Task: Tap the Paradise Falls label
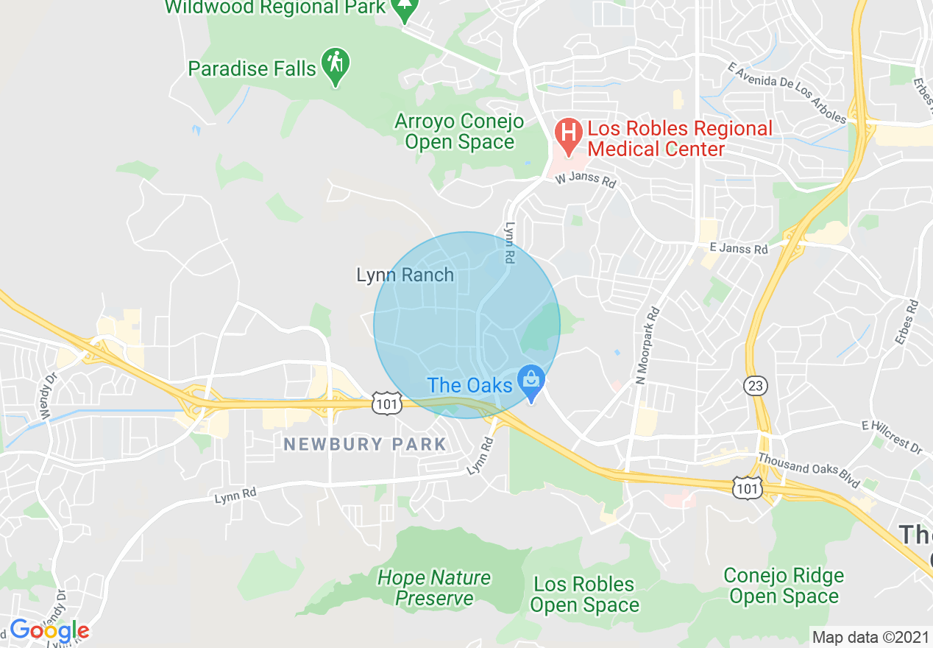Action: click(252, 69)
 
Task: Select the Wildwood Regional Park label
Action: click(275, 8)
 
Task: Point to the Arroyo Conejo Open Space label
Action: click(459, 131)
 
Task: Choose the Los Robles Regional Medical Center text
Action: click(680, 138)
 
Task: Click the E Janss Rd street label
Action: click(738, 249)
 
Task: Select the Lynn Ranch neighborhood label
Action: click(405, 275)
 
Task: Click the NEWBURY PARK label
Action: click(365, 444)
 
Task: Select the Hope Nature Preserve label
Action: click(434, 588)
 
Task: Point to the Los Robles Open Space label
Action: click(584, 595)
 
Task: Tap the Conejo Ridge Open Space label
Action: click(784, 585)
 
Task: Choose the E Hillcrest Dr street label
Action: click(892, 437)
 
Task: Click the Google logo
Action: click(49, 631)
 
